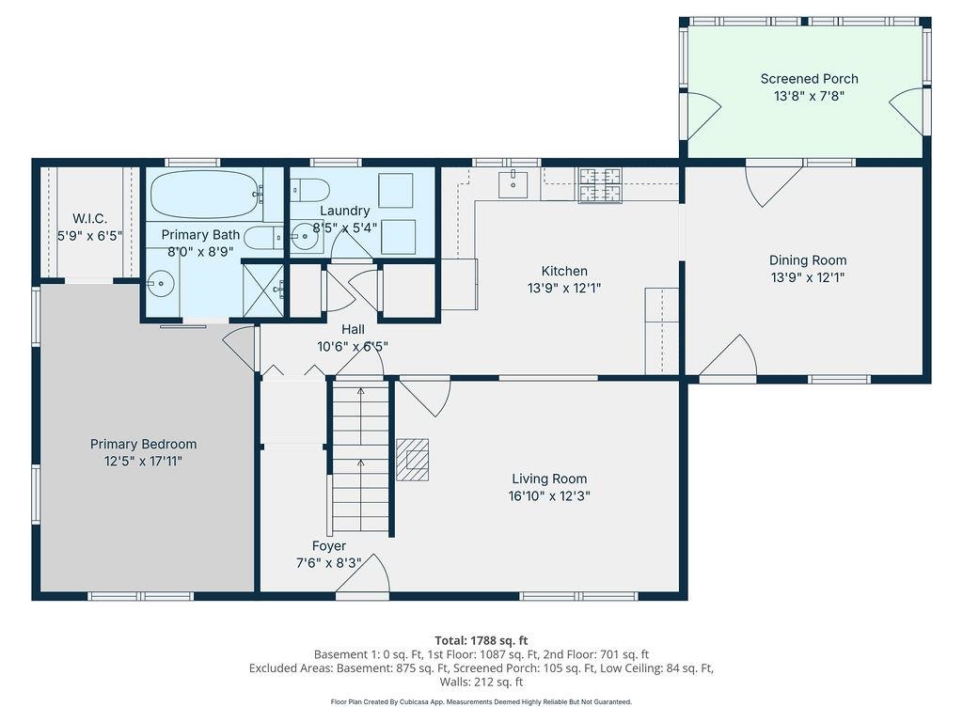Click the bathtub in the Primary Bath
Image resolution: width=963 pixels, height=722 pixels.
[204, 194]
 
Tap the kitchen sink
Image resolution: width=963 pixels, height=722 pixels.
[513, 181]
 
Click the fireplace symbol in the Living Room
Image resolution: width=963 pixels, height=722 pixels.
[412, 460]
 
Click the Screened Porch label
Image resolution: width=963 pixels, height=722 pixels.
[809, 79]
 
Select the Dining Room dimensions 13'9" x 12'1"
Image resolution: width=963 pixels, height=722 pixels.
[808, 277]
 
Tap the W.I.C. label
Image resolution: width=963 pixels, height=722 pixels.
[89, 219]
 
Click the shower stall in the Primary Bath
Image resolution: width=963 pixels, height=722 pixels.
[262, 290]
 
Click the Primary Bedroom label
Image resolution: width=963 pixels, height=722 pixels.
[143, 444]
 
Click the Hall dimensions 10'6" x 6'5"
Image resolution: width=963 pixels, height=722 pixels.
[353, 346]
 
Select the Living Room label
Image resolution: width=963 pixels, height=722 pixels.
[549, 479]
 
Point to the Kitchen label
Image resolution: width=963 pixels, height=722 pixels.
[564, 271]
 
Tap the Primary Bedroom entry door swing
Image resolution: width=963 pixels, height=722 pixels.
[242, 346]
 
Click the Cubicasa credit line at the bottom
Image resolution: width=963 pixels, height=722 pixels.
[481, 701]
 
